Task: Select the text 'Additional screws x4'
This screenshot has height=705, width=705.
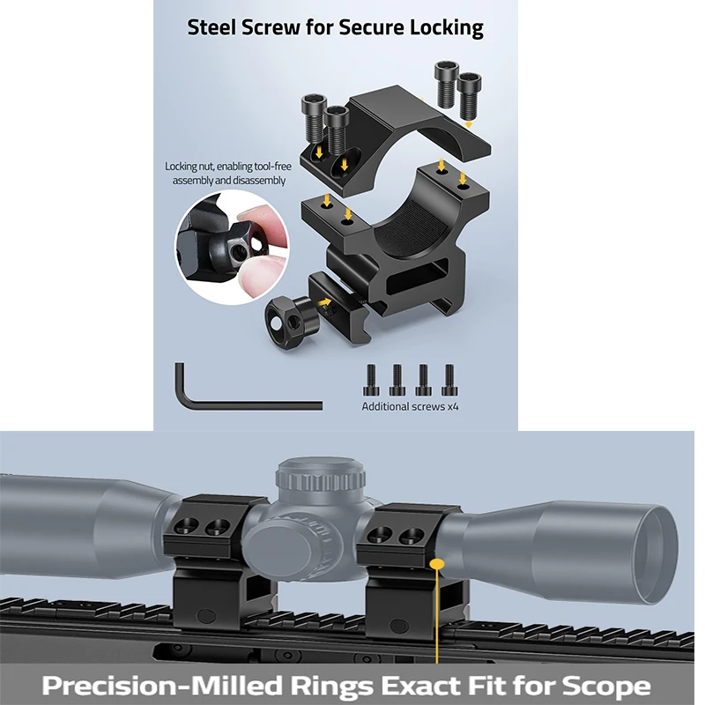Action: coord(410,407)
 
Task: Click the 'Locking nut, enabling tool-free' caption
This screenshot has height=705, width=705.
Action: coord(229,166)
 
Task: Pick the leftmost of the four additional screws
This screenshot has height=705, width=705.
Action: coord(372,380)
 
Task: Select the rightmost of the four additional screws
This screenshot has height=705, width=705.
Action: coord(449,380)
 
